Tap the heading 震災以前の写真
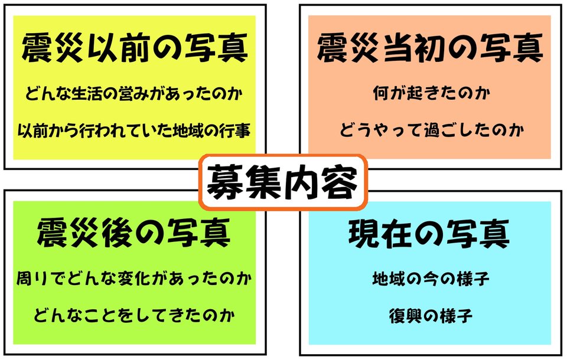click(x=134, y=49)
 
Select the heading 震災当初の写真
click(x=429, y=49)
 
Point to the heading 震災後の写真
click(x=134, y=233)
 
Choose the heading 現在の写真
click(x=429, y=233)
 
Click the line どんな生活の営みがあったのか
click(x=135, y=94)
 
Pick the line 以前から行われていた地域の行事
click(x=135, y=129)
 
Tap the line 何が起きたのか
click(x=429, y=94)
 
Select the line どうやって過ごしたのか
click(x=429, y=129)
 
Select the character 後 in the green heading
click(x=125, y=233)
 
